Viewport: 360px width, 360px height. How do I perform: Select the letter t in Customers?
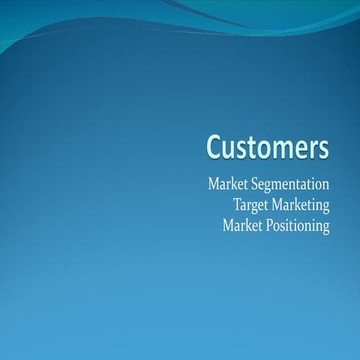coord(253,147)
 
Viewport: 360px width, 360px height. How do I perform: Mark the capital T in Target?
coord(237,204)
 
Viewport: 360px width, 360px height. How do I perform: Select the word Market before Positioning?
coord(241,226)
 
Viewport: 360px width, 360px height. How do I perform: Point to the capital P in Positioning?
coord(268,225)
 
